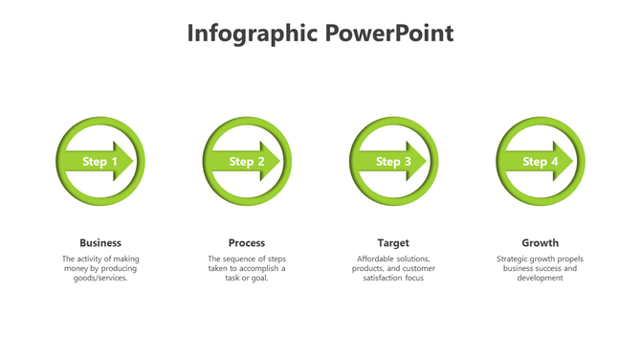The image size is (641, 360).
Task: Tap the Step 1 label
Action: click(100, 162)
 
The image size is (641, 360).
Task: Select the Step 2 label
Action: click(247, 162)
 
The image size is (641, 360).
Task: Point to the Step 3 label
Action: click(393, 162)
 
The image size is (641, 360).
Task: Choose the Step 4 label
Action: click(540, 162)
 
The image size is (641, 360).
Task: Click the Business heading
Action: click(100, 243)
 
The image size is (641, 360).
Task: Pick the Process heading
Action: click(247, 243)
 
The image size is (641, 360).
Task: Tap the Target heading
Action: click(393, 243)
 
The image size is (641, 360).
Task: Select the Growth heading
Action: click(540, 243)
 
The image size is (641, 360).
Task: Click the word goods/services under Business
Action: click(100, 279)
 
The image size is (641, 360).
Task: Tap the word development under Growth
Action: click(540, 279)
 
